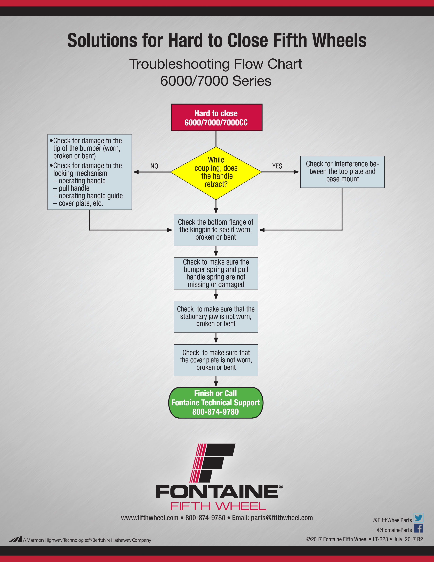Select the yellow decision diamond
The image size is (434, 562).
pos(216,173)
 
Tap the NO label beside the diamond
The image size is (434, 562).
pos(154,166)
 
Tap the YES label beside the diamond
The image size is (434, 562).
pos(277,166)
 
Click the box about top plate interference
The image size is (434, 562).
pos(342,172)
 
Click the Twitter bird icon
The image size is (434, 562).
pos(418,518)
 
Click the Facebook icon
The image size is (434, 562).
pos(418,528)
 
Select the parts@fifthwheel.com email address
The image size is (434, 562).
pos(282,518)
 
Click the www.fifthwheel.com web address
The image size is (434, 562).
pos(150,518)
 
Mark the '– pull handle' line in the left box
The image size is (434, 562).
pos(71,188)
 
